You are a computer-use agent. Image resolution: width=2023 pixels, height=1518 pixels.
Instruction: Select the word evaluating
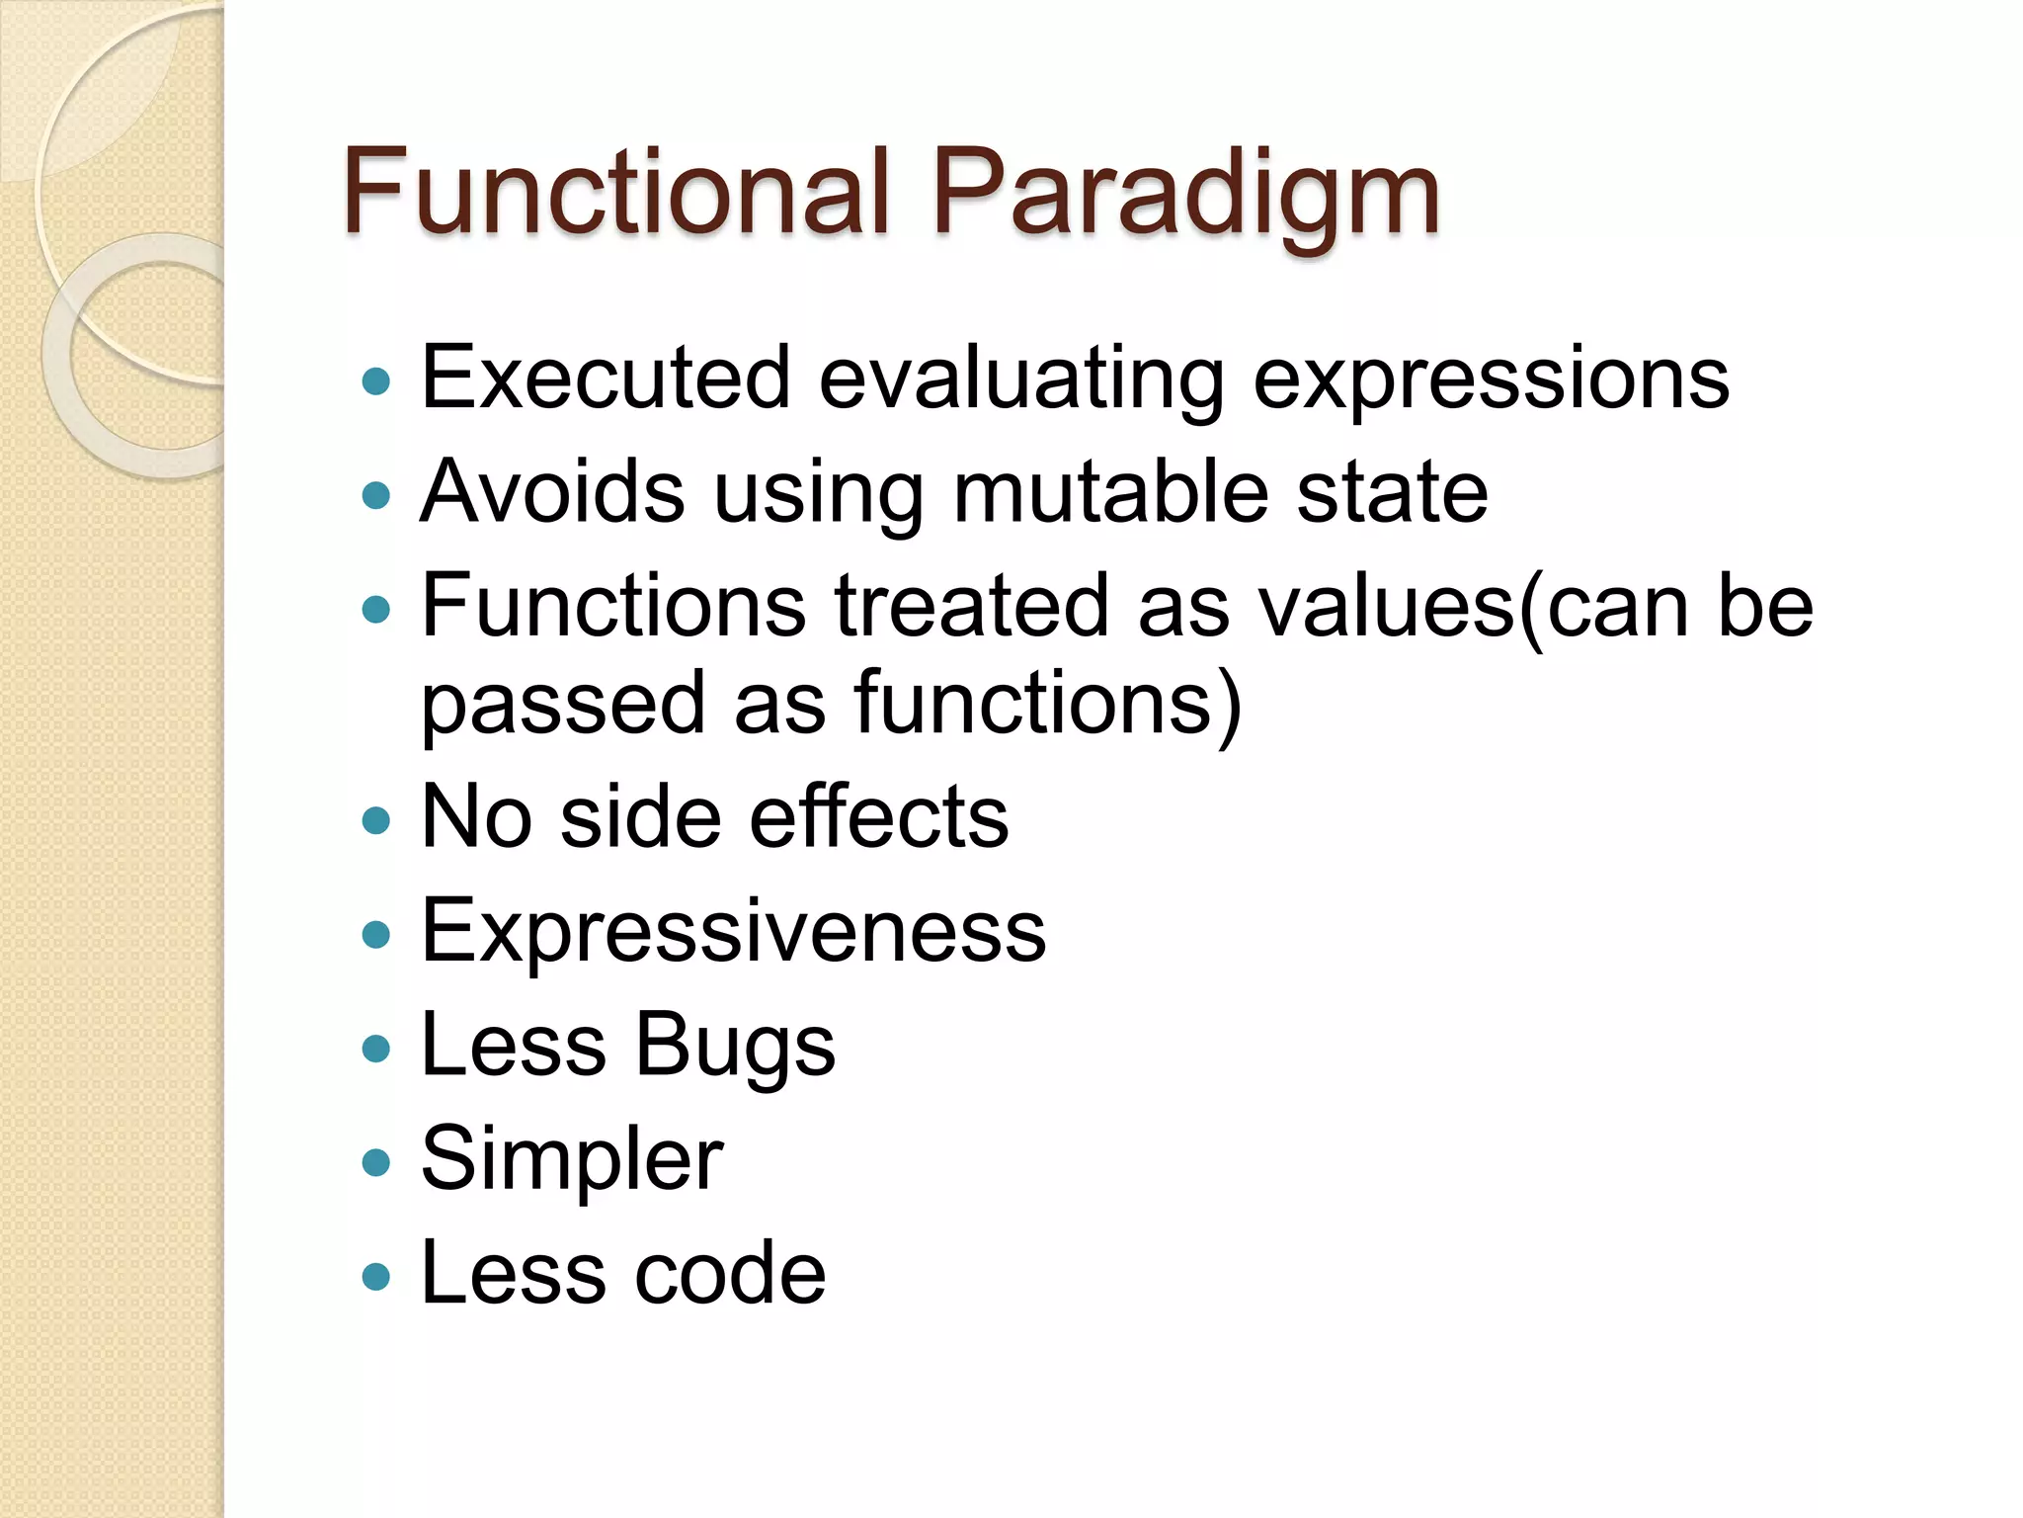tap(1021, 380)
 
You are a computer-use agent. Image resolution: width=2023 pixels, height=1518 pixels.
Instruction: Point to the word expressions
tap(1491, 380)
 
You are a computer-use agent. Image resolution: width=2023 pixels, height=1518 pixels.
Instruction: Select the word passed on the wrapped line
tap(563, 704)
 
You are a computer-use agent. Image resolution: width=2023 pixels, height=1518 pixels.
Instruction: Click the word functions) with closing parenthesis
tap(1047, 704)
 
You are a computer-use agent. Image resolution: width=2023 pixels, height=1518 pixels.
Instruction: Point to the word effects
tap(879, 817)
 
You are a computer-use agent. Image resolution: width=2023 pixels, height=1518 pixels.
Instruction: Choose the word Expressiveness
tap(733, 931)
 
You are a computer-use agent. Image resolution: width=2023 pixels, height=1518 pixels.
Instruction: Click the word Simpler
tap(572, 1160)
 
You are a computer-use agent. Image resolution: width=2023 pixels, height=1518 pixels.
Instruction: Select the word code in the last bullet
tap(730, 1273)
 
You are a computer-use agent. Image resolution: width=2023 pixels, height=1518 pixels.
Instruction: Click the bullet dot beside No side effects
tap(375, 819)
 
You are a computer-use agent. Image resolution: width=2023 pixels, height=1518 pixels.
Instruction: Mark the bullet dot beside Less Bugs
tap(375, 1048)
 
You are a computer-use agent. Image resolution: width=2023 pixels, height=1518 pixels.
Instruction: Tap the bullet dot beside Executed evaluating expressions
tap(375, 380)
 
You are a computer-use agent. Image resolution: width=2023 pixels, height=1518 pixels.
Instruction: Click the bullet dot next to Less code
tap(375, 1276)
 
